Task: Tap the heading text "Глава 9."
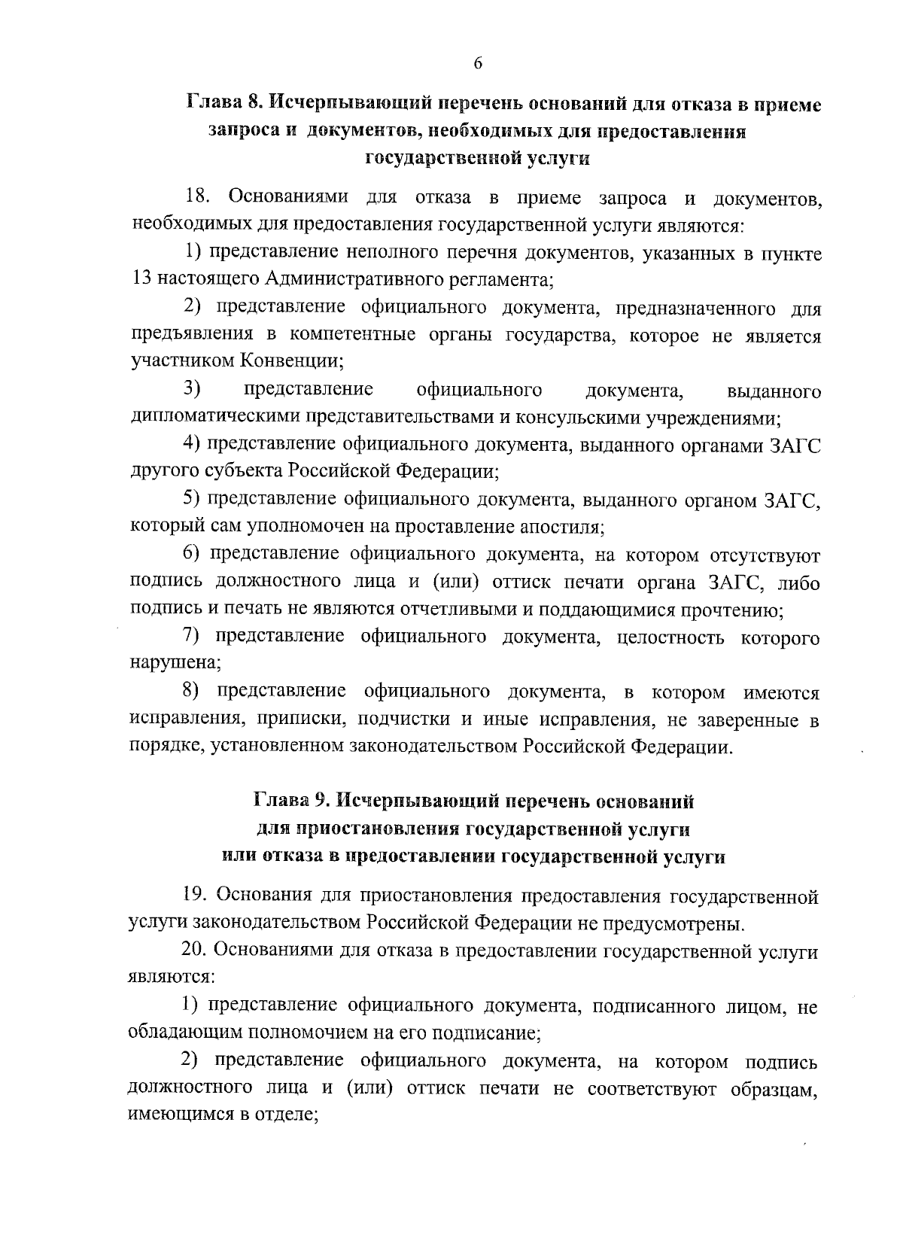290,801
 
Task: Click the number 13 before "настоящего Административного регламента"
141,281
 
